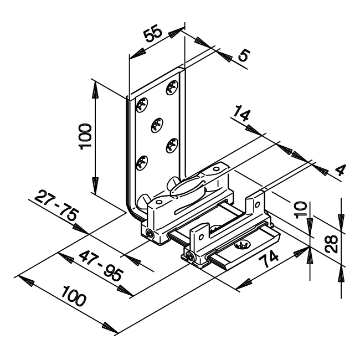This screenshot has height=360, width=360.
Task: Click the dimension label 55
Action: [x=153, y=34]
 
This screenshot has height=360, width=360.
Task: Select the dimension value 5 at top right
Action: [x=244, y=55]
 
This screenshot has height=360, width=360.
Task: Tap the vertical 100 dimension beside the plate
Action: [x=85, y=137]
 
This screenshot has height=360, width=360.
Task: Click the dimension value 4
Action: [x=340, y=170]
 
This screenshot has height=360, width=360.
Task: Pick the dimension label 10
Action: [x=301, y=209]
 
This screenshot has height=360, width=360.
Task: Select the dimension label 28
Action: [x=332, y=244]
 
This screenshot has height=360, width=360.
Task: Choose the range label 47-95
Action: [x=101, y=266]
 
